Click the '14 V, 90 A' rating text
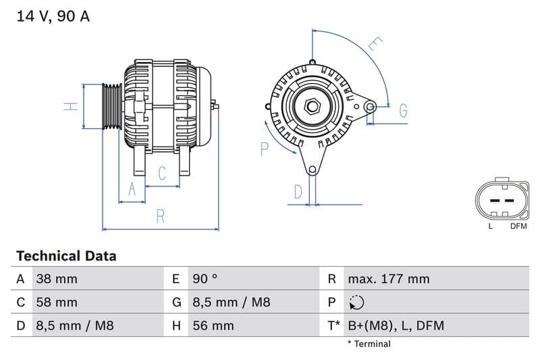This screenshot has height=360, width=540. [x=53, y=16]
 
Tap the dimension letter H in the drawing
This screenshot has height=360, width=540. [x=71, y=107]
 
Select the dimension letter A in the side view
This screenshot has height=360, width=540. [x=132, y=190]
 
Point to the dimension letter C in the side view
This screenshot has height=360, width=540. [x=162, y=174]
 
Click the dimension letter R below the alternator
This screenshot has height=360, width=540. [x=161, y=216]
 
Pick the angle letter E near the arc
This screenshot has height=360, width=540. [x=375, y=45]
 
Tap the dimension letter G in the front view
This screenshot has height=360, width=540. [x=403, y=111]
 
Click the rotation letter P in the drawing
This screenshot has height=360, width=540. [x=265, y=149]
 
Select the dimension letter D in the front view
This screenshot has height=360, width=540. [x=298, y=192]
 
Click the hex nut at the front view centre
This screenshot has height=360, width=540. [x=312, y=106]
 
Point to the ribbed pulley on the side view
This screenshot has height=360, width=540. [x=111, y=106]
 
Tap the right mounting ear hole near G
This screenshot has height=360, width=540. [x=369, y=106]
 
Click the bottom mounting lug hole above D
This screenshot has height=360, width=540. [x=312, y=170]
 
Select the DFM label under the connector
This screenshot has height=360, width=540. [x=518, y=226]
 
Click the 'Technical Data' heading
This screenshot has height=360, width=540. [x=66, y=256]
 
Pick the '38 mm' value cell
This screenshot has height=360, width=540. [x=57, y=279]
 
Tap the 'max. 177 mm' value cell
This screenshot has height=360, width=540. [x=388, y=279]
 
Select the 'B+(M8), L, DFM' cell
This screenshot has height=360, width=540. [x=396, y=326]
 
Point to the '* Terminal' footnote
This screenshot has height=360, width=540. [x=369, y=344]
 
